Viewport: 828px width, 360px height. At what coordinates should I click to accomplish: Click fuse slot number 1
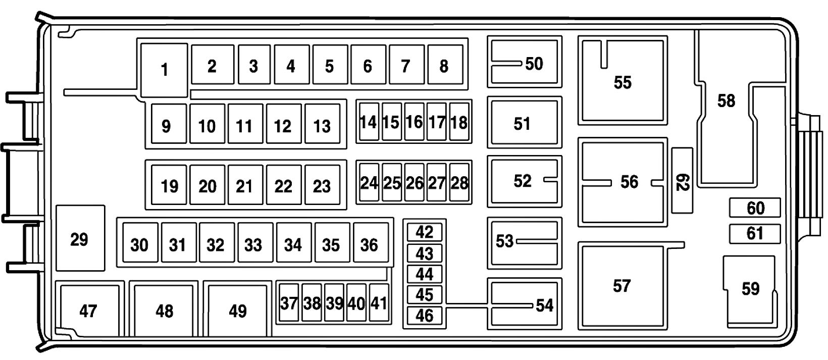164,70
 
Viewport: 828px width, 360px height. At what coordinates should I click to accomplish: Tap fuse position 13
322,125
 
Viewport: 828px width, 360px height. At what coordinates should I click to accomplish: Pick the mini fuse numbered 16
414,122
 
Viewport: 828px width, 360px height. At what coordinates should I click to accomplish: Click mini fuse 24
369,183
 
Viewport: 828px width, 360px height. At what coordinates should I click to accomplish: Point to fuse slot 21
245,186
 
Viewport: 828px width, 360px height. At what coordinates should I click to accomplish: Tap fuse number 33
253,245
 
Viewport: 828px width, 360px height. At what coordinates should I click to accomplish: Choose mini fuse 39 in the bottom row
334,303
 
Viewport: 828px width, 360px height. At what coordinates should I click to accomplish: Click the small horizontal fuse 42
425,232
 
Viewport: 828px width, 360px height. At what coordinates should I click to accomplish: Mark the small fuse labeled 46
425,315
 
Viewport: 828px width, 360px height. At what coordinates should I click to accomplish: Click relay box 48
165,310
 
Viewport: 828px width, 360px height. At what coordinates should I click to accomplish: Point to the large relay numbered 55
623,82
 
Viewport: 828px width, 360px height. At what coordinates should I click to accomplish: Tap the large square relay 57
622,286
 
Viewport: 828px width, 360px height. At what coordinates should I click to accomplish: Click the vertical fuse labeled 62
682,181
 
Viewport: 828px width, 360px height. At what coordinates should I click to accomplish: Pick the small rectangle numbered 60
755,208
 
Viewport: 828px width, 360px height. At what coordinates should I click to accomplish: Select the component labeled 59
750,289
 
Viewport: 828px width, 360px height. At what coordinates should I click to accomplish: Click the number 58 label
727,101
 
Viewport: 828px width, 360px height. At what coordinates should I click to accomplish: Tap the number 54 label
544,305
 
